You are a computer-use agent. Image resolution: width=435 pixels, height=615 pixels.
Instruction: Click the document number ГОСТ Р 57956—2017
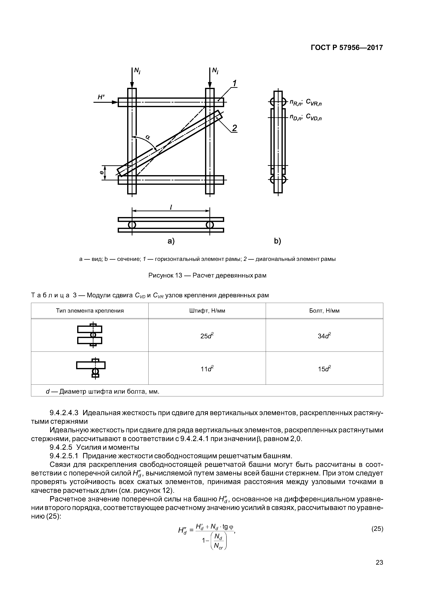[x=347, y=48]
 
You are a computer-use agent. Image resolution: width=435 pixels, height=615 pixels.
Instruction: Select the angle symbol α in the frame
[x=148, y=137]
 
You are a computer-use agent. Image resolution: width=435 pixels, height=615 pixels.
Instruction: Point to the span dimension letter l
[x=171, y=207]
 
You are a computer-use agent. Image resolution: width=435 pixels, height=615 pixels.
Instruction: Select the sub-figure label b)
[x=277, y=241]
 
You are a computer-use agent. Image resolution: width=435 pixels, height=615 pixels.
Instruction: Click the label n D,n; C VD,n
[x=306, y=117]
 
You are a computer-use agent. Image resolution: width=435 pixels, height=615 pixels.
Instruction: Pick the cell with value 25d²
[x=207, y=335]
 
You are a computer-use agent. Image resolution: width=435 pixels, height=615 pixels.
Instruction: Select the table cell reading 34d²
[x=324, y=335]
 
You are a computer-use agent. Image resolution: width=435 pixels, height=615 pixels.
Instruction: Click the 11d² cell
[x=207, y=369]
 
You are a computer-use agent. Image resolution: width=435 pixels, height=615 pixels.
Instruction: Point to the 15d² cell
[x=324, y=369]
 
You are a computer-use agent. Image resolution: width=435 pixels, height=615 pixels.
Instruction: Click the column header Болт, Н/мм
[x=324, y=311]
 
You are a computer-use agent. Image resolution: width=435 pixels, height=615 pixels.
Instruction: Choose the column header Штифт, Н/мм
[x=207, y=311]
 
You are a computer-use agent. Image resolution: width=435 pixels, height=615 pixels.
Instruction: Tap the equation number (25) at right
[x=377, y=529]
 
